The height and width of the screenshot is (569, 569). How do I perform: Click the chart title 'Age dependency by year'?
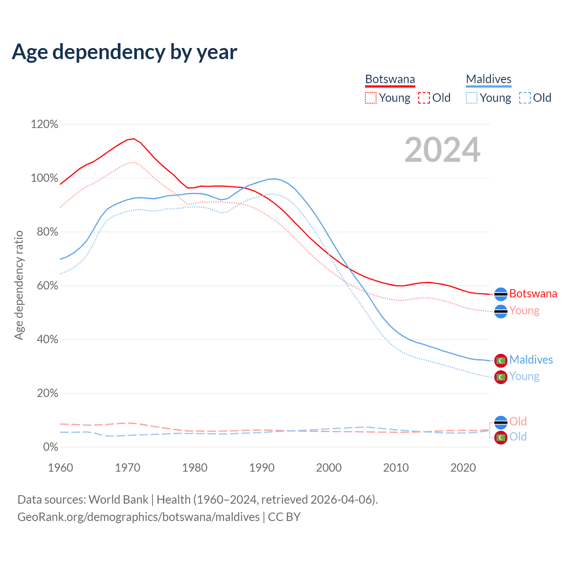point(124,52)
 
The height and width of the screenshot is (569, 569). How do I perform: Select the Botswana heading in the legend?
point(390,79)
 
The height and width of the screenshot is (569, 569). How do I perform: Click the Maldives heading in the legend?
point(489,79)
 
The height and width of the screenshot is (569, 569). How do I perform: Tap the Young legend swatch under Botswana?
point(370,98)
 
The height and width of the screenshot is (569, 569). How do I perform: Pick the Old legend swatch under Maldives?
point(525,98)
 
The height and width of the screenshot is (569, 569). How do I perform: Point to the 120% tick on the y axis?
point(44,124)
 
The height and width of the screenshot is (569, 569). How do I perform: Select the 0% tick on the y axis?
point(50,447)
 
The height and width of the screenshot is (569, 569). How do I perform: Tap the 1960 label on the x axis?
point(60,468)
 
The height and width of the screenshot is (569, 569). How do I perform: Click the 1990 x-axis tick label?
point(262,468)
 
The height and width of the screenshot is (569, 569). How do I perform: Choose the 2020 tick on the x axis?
point(463,468)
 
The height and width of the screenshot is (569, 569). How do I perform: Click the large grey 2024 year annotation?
point(442,150)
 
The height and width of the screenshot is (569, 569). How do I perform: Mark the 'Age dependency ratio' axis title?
point(19,285)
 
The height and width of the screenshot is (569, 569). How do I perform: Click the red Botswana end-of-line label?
point(533,294)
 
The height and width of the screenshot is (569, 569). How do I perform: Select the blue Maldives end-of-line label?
point(531,360)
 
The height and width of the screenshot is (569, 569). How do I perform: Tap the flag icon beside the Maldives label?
point(501,360)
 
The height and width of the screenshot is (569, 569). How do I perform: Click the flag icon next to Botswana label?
point(501,294)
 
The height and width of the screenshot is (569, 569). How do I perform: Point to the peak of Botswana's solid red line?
point(133,139)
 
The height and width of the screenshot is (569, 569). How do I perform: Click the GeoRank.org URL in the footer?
point(138,517)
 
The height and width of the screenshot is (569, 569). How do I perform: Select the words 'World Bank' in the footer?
point(118,500)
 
